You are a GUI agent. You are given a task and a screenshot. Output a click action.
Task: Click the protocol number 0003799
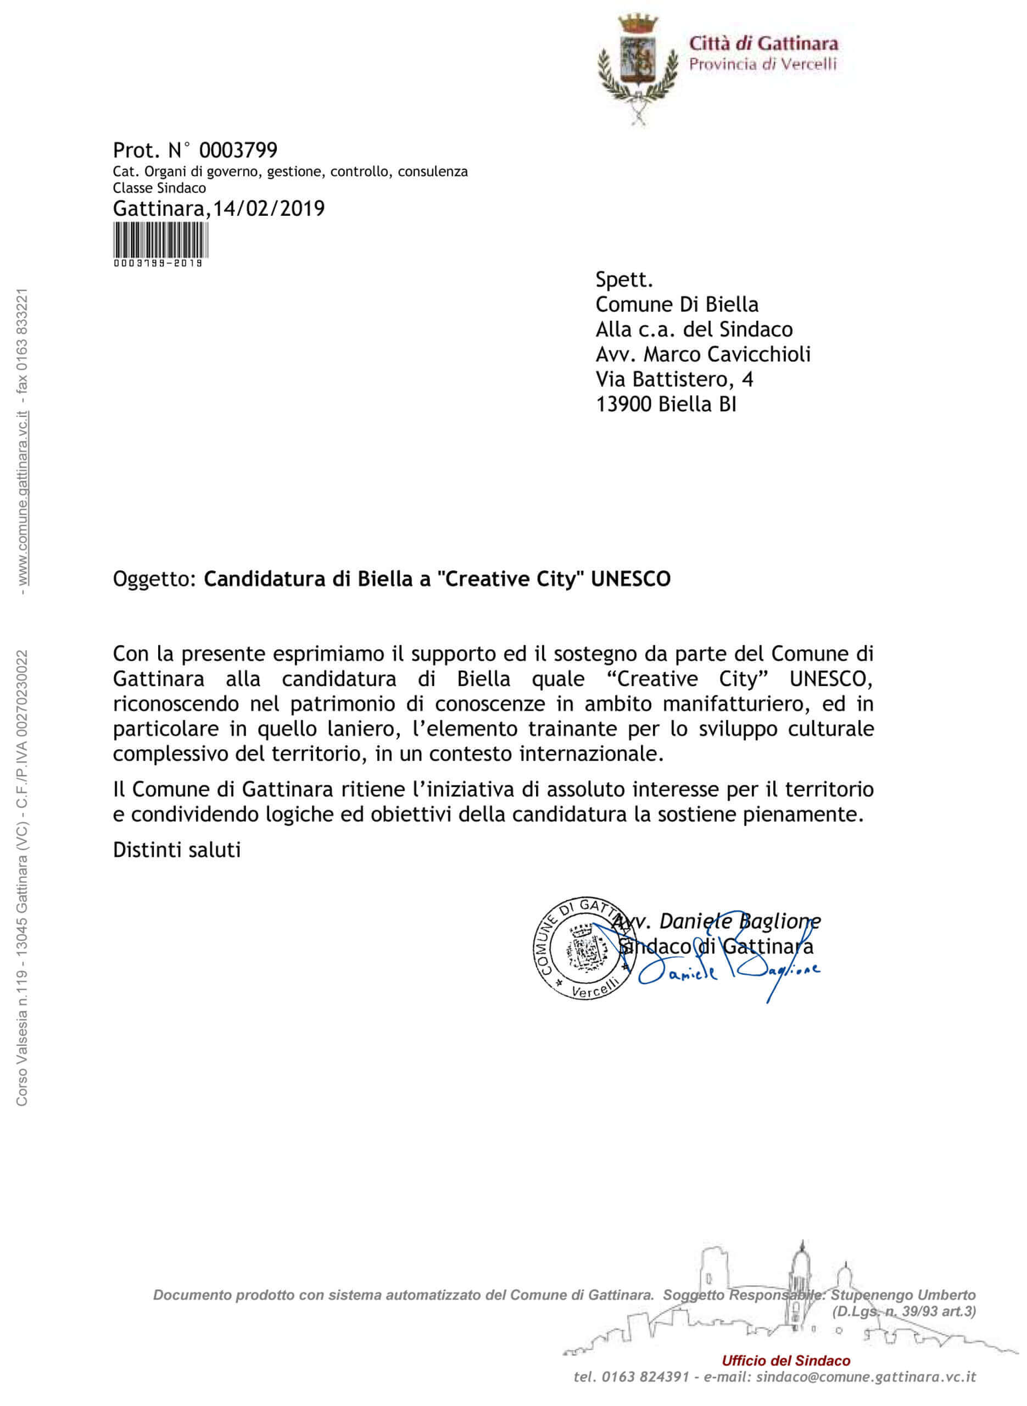coord(238,150)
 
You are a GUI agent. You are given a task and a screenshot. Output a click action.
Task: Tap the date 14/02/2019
coord(269,208)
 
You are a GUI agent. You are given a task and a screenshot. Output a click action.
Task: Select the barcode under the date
coord(160,240)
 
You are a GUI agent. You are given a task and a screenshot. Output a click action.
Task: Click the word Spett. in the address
coord(624,280)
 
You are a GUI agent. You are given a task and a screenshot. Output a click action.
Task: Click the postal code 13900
coord(623,405)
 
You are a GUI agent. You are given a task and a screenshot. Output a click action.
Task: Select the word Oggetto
coord(154,579)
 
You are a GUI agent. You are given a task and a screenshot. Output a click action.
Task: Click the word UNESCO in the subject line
coord(630,579)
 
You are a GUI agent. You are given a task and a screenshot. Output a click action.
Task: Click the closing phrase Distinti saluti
coord(176,850)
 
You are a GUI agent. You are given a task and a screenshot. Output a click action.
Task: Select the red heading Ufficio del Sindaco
coord(786,1360)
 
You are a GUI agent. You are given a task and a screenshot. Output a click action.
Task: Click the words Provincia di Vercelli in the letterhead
coord(762,64)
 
